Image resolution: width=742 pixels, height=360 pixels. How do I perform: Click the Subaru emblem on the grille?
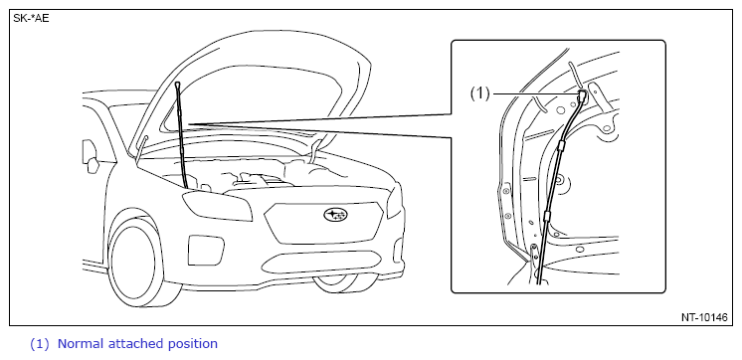[x=335, y=215]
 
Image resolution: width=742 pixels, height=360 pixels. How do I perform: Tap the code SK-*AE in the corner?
[x=31, y=19]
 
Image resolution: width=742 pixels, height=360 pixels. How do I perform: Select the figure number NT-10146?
[x=704, y=317]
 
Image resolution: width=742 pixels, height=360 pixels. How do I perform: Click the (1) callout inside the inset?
[x=479, y=93]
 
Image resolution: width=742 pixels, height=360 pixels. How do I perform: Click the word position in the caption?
[x=193, y=344]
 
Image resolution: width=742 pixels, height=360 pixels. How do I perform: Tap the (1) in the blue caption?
[x=39, y=344]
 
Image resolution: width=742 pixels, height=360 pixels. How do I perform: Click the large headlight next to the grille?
[x=217, y=206]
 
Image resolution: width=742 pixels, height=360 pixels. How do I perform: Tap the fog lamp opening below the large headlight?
[x=206, y=250]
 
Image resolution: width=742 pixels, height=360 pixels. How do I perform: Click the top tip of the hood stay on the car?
[x=177, y=84]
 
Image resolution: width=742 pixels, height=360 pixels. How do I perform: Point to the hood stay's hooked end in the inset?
[x=581, y=96]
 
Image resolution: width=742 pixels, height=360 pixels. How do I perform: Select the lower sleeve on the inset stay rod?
[x=547, y=217]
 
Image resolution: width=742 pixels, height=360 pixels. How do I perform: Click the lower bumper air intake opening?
[x=322, y=263]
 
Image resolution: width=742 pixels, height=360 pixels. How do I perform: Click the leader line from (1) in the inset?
[x=536, y=93]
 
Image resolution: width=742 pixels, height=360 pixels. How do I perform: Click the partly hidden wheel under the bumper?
[x=343, y=283]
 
